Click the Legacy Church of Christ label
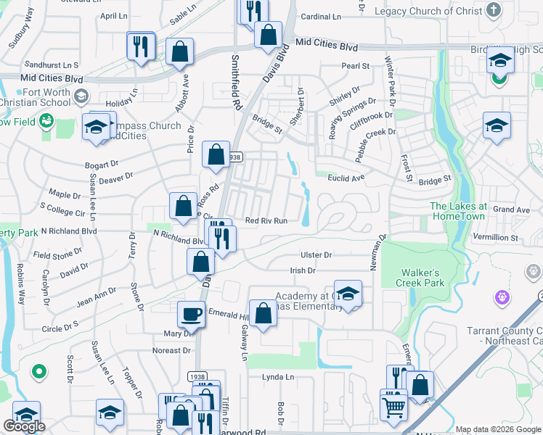pos(426,11)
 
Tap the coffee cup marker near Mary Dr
pos(191,315)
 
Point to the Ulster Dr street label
pos(316,255)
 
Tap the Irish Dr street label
pos(303,270)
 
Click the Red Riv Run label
pos(266,221)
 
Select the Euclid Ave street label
pos(346,178)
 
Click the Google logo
pos(24,427)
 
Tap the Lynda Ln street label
pos(279,377)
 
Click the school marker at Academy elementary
pos(348,294)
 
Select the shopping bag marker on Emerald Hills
pos(263,314)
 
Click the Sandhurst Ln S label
pos(51,65)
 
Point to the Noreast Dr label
pos(172,350)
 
